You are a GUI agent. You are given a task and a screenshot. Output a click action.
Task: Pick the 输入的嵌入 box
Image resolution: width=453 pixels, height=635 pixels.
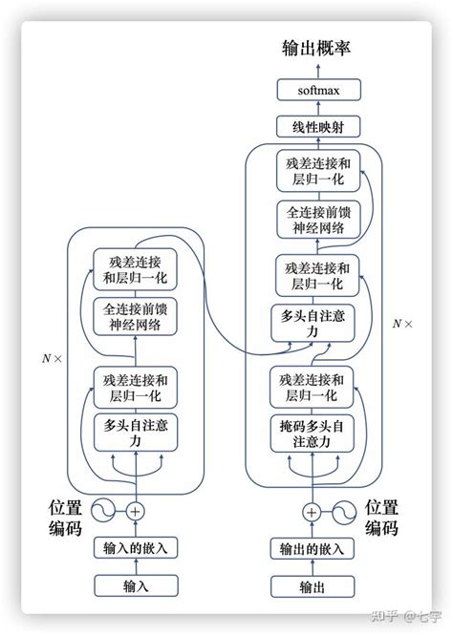(x=135, y=548)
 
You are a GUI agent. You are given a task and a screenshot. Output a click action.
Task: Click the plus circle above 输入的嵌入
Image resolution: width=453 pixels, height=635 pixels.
(x=135, y=512)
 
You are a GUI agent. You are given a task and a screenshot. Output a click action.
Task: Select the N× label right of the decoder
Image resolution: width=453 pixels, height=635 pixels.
(x=403, y=324)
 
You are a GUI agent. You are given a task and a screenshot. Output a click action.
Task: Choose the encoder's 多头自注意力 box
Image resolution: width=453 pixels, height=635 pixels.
(x=135, y=434)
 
